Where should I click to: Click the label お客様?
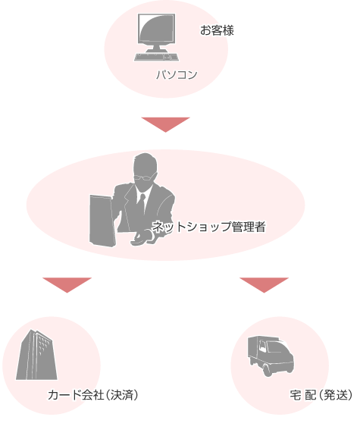coord(217,30)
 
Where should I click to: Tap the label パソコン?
coord(177,74)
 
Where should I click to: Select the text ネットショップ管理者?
coord(209,227)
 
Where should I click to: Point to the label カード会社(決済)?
coord(93,395)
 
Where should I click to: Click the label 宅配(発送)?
coord(321,395)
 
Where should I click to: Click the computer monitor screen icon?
coord(157,28)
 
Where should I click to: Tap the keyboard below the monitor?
coord(157,57)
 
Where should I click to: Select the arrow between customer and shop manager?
coord(166,124)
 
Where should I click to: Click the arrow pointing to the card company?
coord(67,285)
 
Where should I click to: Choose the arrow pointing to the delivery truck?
coord(264,285)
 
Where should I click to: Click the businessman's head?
coord(145,171)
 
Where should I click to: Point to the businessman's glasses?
coord(144,177)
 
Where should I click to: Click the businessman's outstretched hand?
coord(142,239)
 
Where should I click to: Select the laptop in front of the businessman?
coord(102,221)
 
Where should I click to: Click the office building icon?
coord(36,355)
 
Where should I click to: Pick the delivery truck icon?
coord(271,356)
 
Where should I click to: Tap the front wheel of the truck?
coord(267,370)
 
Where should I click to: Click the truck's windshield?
coord(277,347)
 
